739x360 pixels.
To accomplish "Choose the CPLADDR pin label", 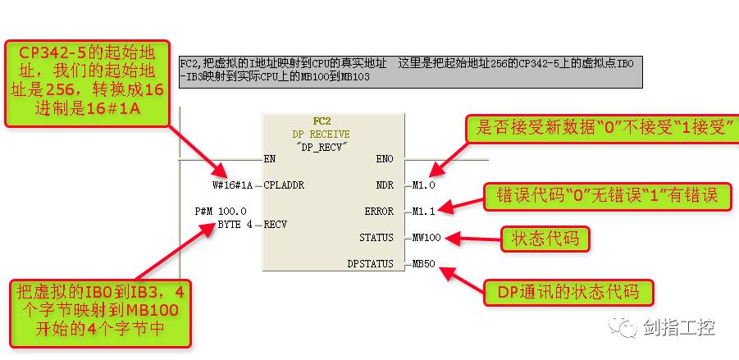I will click(x=284, y=185).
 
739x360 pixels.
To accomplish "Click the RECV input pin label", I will click(x=276, y=224).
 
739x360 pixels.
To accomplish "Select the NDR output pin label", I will click(x=385, y=185).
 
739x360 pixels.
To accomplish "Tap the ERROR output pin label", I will click(x=380, y=211).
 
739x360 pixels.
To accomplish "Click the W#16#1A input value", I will click(x=232, y=185).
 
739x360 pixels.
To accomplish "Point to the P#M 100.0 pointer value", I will click(x=221, y=212).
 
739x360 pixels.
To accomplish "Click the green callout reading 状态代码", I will click(x=545, y=239).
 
